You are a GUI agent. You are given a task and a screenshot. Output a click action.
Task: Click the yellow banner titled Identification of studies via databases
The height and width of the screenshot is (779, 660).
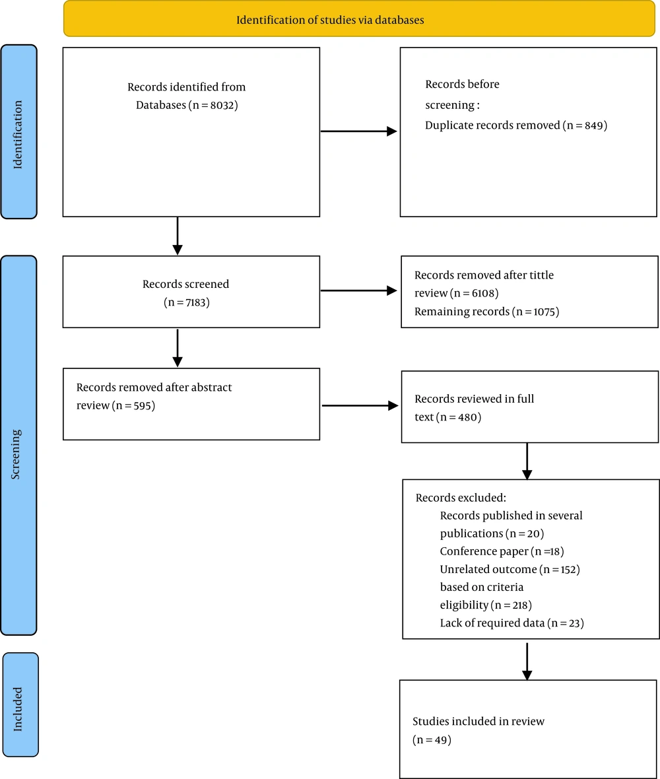(359, 19)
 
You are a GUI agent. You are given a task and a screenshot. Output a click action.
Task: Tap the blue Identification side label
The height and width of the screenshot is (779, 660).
(19, 131)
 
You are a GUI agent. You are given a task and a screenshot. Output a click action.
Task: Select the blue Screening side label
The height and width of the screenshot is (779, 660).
(19, 445)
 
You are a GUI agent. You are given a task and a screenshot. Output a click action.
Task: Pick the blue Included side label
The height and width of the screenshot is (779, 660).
(20, 704)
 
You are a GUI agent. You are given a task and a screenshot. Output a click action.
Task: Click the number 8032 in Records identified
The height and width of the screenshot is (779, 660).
(222, 106)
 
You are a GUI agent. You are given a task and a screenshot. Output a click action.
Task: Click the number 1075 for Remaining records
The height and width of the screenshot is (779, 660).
(544, 312)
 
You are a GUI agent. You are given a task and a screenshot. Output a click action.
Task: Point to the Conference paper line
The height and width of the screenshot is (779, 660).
(502, 551)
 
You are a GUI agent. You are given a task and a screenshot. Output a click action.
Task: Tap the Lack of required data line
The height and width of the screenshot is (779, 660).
(511, 623)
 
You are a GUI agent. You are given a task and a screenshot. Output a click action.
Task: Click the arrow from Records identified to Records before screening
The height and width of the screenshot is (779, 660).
(358, 131)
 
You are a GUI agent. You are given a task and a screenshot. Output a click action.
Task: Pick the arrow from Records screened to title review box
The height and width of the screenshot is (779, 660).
(358, 290)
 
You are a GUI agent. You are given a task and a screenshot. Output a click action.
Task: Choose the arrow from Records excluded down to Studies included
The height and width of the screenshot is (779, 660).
(527, 661)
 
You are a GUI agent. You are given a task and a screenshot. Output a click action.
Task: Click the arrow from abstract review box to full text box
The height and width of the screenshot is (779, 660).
(360, 406)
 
